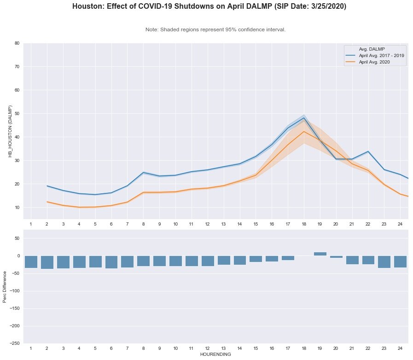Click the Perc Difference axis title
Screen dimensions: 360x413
point(5,290)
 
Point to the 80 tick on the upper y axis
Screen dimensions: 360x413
point(17,43)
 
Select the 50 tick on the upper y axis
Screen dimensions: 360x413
point(17,114)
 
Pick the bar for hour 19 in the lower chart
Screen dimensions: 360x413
point(320,254)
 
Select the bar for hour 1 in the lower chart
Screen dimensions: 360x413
point(31,261)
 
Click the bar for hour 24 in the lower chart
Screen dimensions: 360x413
point(400,261)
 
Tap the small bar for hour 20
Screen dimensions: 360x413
point(336,257)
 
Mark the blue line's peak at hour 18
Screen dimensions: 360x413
point(304,117)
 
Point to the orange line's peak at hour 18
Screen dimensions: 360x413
point(304,132)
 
